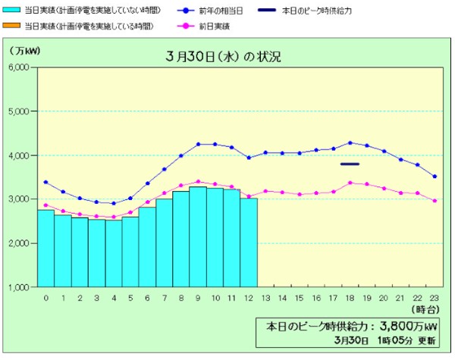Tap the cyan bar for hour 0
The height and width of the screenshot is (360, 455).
coord(45,248)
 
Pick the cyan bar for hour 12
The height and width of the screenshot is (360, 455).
coord(249,243)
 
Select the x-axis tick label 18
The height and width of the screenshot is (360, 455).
coord(350,298)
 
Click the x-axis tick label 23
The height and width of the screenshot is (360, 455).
coord(434,298)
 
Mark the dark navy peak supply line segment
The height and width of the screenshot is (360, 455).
coord(350,164)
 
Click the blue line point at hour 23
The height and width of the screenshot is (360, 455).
coord(434,177)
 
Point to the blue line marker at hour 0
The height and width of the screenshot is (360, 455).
coord(45,182)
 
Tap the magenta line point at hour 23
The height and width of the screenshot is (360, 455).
coord(434,201)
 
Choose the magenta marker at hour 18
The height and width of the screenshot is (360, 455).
coord(350,183)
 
